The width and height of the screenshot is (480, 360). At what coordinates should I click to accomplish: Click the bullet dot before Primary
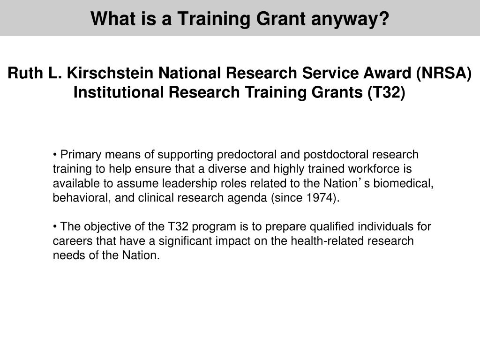point(55,155)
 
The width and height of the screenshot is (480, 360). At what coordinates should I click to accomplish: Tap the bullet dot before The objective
point(55,227)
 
